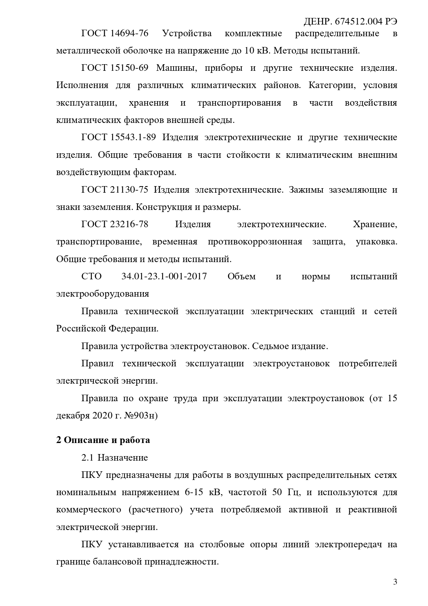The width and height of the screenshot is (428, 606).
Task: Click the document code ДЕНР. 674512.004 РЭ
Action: coord(350,22)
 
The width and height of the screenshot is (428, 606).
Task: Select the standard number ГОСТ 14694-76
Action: coord(115,33)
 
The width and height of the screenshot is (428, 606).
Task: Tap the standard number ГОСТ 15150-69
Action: coord(115,68)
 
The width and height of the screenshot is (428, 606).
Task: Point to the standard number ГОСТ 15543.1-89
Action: coord(119,137)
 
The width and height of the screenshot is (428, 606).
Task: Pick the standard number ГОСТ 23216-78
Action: coord(115,224)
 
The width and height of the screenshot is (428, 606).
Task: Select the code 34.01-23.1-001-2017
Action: coord(164,276)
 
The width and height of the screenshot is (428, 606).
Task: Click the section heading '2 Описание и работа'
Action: coord(103,440)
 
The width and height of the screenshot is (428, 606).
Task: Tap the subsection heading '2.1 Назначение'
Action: coord(115,458)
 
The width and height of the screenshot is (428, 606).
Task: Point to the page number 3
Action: coord(395,582)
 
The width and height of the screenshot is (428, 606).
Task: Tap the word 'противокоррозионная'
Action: coord(255,241)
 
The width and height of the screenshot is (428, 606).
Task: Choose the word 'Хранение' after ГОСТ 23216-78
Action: coord(375,224)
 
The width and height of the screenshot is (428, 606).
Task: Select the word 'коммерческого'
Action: coord(89,509)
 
